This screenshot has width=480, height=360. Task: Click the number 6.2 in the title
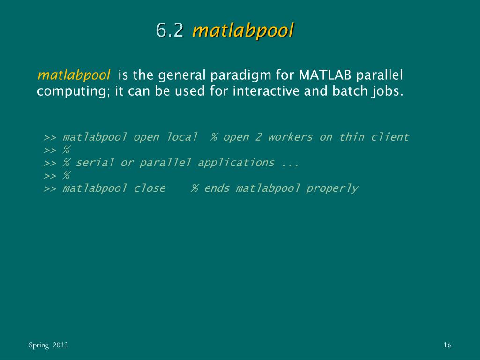pyautogui.click(x=170, y=30)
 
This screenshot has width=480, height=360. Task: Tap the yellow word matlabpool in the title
pyautogui.click(x=243, y=30)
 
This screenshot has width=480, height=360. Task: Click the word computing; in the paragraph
pyautogui.click(x=74, y=91)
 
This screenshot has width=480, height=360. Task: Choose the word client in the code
pyautogui.click(x=390, y=137)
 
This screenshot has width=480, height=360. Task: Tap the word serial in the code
pyautogui.click(x=95, y=163)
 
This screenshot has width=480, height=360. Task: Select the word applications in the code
pyautogui.click(x=236, y=163)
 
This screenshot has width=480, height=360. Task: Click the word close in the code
pyautogui.click(x=150, y=188)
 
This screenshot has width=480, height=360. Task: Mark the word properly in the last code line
pyautogui.click(x=332, y=188)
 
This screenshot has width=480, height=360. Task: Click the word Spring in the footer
pyautogui.click(x=38, y=345)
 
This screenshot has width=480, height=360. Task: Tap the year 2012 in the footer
pyautogui.click(x=60, y=345)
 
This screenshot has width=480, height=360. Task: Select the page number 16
pyautogui.click(x=447, y=345)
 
